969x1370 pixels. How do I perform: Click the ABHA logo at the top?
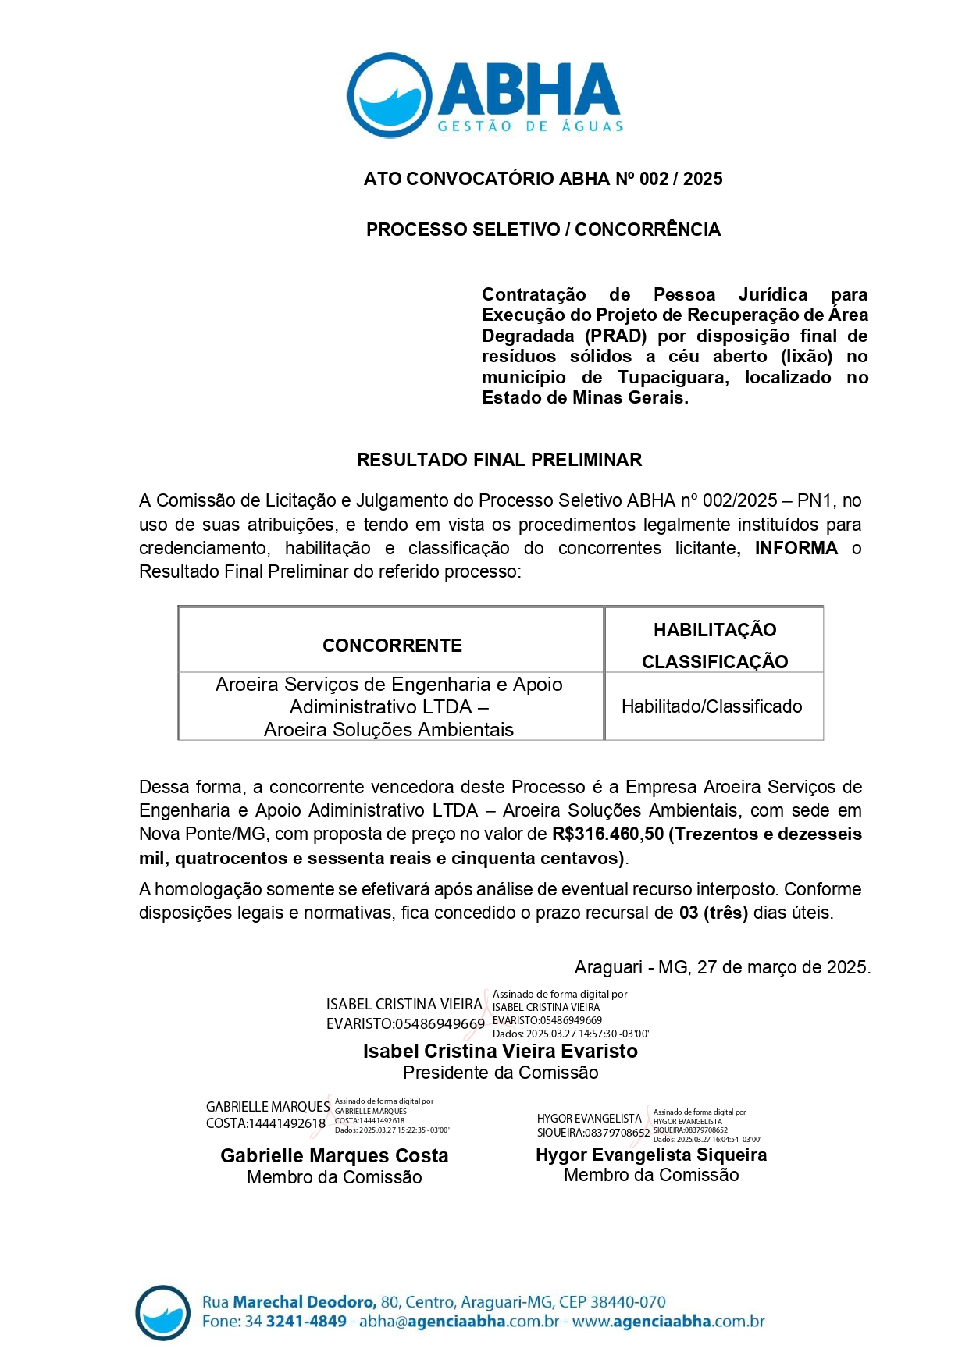click(x=484, y=95)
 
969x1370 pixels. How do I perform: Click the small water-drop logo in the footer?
click(x=162, y=1312)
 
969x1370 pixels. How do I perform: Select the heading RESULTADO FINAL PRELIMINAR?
click(x=499, y=460)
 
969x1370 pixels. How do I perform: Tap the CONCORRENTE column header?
click(x=392, y=646)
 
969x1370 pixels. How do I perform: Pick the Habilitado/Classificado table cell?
click(x=711, y=706)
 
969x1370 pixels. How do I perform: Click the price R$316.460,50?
click(x=607, y=834)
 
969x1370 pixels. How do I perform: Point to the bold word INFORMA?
click(x=796, y=548)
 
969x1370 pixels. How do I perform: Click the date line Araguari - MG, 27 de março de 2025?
click(x=722, y=967)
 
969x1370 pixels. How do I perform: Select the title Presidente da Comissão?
click(x=501, y=1073)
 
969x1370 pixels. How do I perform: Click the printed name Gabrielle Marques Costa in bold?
click(x=334, y=1155)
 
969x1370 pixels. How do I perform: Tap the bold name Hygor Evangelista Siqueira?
click(x=651, y=1155)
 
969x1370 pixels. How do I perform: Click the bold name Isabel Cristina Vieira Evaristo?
click(x=500, y=1051)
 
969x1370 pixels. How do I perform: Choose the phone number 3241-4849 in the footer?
click(x=306, y=1322)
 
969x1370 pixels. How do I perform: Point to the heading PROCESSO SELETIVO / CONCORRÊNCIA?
click(x=543, y=230)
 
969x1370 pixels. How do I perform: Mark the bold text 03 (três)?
click(x=713, y=913)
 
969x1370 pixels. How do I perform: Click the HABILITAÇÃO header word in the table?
click(x=714, y=630)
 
